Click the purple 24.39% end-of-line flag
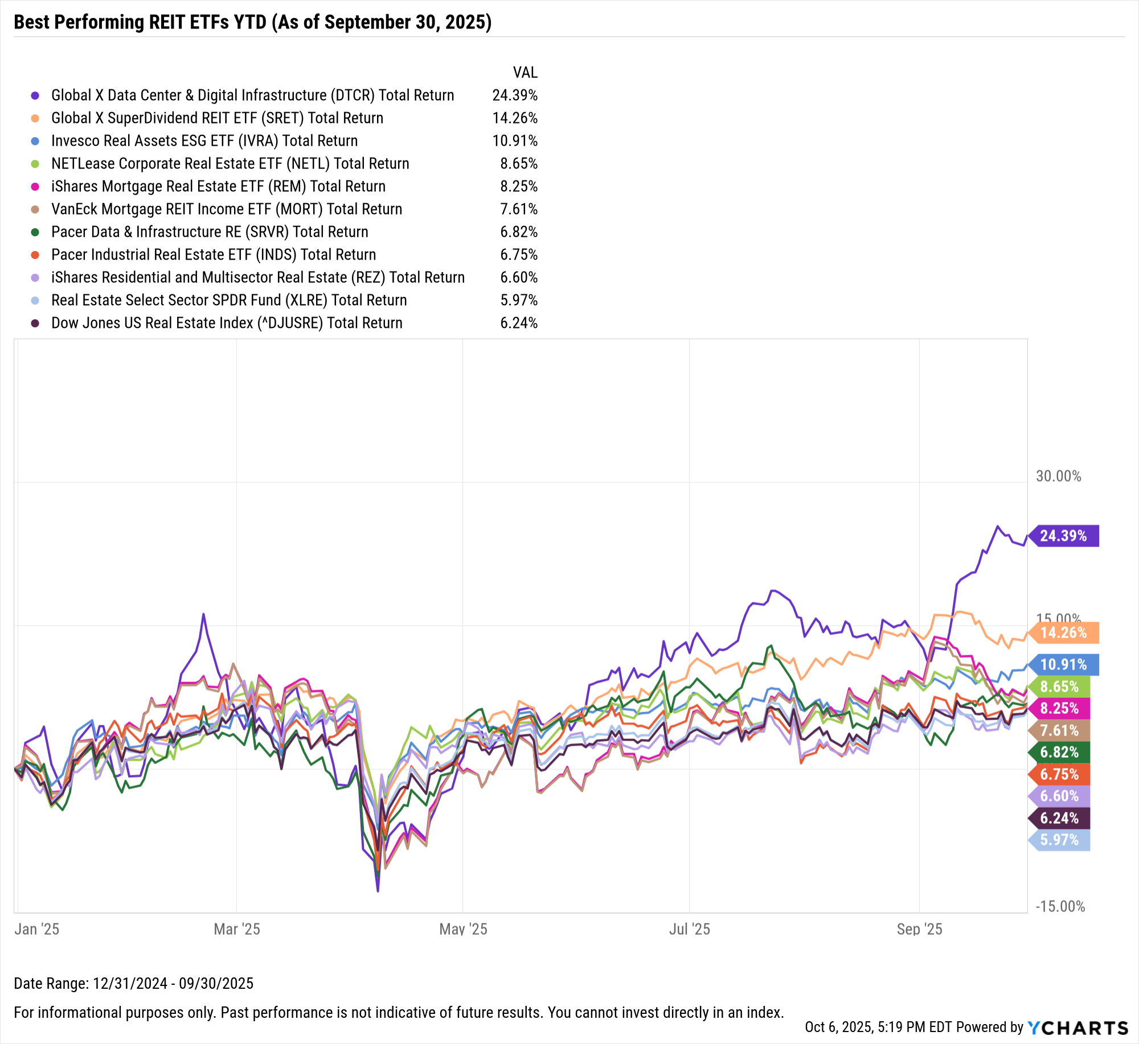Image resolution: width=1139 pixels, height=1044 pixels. (1064, 536)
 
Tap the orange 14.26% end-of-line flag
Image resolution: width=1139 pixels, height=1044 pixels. (1064, 632)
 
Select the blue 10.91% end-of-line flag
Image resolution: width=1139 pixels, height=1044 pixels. (1064, 664)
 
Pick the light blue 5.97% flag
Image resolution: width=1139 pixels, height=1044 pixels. (1060, 840)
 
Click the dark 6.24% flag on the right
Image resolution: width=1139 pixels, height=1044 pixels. (1060, 818)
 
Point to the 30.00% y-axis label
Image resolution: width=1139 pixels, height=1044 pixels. (1058, 476)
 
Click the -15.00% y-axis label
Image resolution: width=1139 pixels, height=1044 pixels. (1060, 906)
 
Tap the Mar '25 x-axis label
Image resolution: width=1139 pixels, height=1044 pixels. (236, 929)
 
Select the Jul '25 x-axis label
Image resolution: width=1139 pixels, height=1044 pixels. (689, 929)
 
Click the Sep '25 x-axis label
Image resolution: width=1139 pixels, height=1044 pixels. (919, 929)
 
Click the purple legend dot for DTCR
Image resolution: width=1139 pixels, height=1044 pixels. (35, 95)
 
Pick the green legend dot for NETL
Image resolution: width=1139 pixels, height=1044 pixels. (35, 163)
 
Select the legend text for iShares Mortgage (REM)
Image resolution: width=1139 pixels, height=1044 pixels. (218, 186)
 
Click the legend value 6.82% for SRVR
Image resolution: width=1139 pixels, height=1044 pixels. (519, 232)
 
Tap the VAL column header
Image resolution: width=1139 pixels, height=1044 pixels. (525, 72)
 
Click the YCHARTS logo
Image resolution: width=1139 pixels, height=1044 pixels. (1077, 1027)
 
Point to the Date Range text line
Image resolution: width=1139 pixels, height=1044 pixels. (133, 983)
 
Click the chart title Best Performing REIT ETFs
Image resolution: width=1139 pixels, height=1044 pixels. (252, 22)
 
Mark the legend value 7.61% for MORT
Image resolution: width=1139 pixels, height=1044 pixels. (519, 209)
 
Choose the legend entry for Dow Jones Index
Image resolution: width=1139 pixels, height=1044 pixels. (227, 323)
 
